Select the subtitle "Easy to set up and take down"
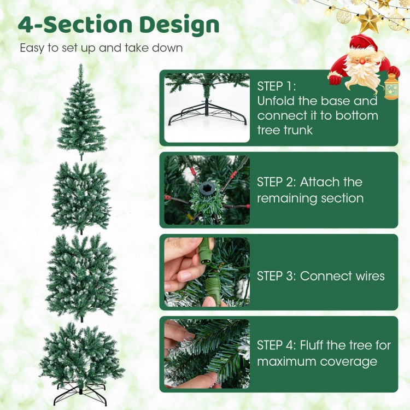(x=101, y=48)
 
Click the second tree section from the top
(x=81, y=197)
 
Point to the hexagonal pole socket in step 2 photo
(x=207, y=189)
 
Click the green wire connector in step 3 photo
(x=207, y=257)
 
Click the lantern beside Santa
(x=391, y=87)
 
